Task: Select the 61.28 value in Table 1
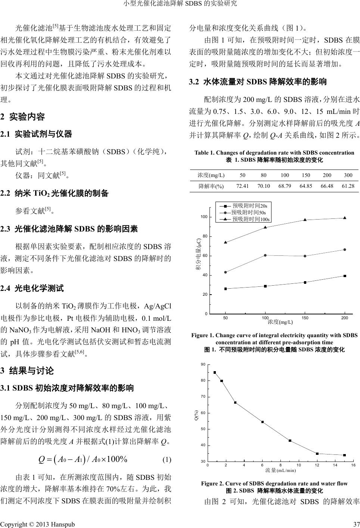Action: coord(348,186)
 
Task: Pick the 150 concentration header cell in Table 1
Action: coord(306,175)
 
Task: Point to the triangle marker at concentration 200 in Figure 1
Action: coord(344,218)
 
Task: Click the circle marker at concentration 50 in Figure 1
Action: coord(225,272)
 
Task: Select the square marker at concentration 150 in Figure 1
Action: coord(305,282)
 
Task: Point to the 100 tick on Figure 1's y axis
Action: coord(204,217)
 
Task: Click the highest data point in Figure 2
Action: coord(215,372)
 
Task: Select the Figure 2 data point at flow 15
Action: coord(344,455)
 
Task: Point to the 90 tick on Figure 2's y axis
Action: coord(203,364)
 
